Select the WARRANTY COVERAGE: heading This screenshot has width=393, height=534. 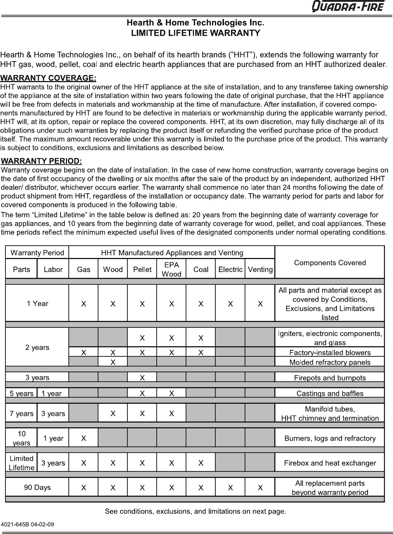click(x=48, y=78)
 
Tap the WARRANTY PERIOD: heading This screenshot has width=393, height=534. click(x=42, y=161)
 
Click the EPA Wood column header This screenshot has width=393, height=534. click(x=171, y=269)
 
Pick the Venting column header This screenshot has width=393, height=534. click(x=260, y=270)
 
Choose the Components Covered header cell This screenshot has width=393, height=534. click(x=330, y=263)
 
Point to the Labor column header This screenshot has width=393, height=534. click(x=53, y=270)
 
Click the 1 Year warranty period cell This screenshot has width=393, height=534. click(x=37, y=304)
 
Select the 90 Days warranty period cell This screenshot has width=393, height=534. click(x=37, y=487)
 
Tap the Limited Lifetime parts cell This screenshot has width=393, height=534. click(x=21, y=463)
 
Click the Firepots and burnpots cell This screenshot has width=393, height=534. click(x=330, y=378)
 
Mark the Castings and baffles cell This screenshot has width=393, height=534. click(x=330, y=393)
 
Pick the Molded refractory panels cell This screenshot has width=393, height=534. click(x=330, y=362)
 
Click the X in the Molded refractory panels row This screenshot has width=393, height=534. click(x=113, y=362)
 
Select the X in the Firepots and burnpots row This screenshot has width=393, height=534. click(x=142, y=378)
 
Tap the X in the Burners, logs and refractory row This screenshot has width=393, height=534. click(x=84, y=438)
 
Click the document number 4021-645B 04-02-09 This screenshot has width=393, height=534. click(x=28, y=524)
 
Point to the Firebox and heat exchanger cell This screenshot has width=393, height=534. click(x=330, y=463)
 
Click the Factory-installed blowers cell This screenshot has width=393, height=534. click(x=330, y=352)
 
